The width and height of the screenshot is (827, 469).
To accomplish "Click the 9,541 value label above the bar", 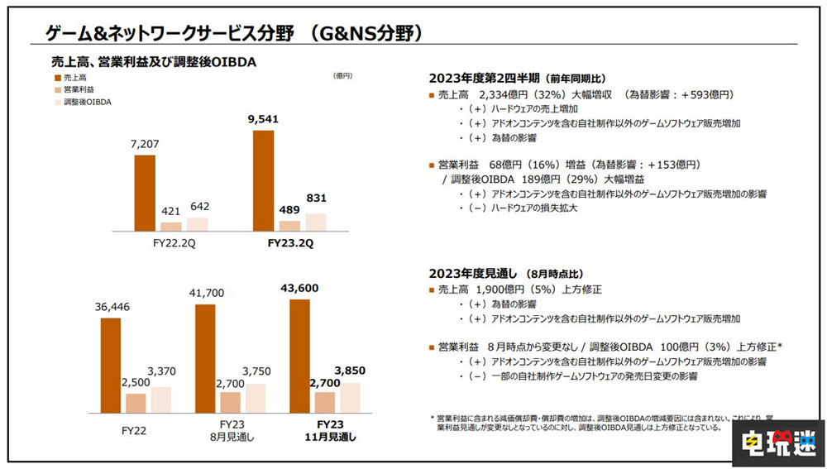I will (263, 119).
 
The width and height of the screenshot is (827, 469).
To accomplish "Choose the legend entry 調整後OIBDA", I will (87, 102).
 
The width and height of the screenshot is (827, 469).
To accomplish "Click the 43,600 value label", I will (299, 287).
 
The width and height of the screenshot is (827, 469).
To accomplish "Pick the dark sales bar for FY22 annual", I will (111, 365).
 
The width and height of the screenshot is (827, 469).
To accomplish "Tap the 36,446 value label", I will (111, 307).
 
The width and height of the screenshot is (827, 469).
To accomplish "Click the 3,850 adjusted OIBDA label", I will (349, 371).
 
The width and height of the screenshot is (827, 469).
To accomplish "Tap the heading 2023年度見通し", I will (471, 273).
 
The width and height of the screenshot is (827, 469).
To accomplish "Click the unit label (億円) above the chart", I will (342, 75).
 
